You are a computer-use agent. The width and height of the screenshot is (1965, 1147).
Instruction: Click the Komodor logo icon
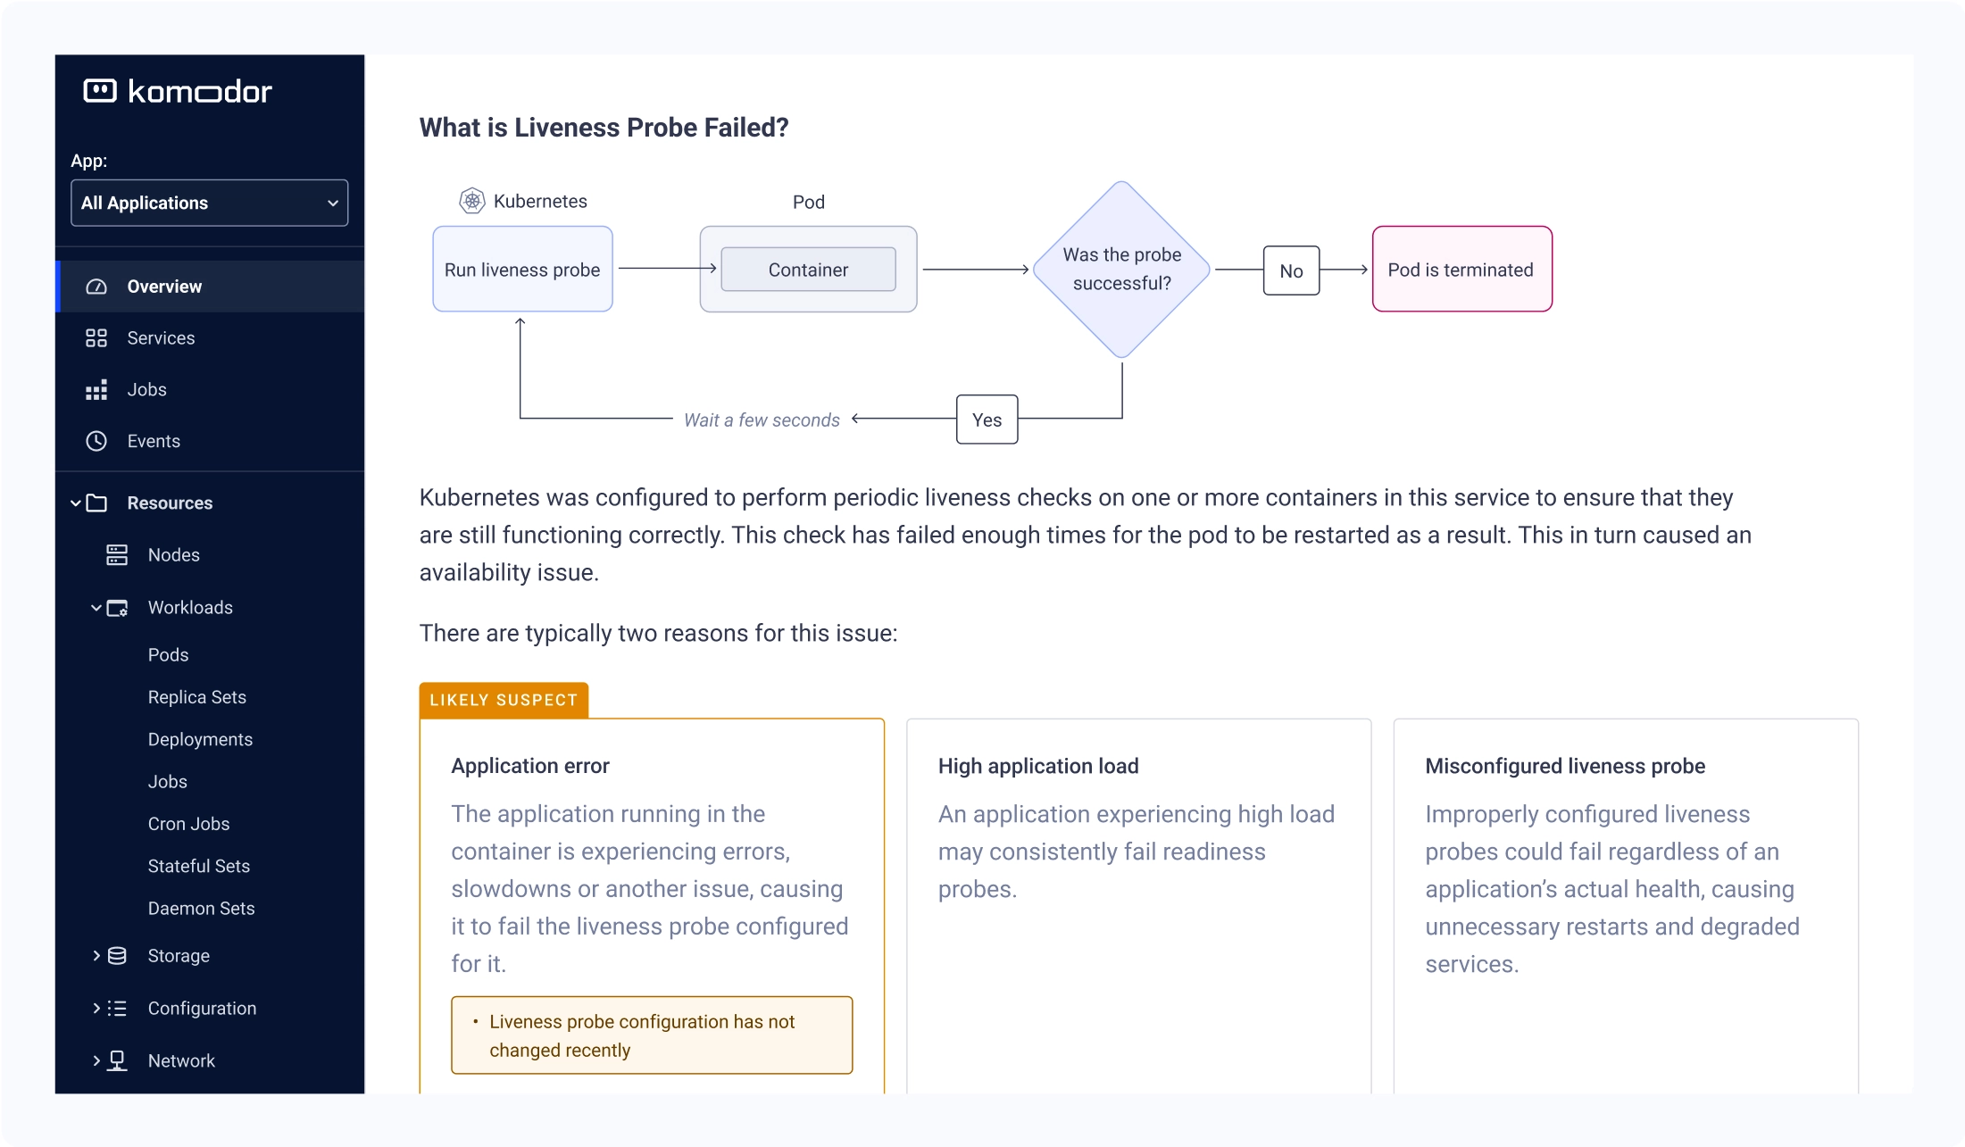100,91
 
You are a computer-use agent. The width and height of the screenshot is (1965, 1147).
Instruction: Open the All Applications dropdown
210,203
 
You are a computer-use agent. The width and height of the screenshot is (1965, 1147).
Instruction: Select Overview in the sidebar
164,287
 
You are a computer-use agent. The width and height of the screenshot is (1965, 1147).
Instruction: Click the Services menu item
161,338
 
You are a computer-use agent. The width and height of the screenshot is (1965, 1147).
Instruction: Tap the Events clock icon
96,441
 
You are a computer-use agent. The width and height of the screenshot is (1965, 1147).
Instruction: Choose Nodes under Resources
173,555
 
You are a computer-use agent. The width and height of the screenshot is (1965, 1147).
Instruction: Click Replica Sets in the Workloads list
196,697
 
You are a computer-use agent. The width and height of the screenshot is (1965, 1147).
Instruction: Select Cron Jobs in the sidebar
188,824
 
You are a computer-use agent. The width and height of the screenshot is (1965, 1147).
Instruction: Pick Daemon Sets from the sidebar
201,909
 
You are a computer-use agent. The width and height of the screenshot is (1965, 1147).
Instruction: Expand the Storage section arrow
96,956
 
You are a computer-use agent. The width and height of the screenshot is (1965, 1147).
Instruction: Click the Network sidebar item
181,1061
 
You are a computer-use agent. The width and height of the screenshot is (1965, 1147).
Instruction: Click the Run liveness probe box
522,269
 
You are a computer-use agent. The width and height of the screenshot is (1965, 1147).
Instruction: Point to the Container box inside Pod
808,270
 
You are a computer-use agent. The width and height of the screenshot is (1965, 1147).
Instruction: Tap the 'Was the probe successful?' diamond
1121,269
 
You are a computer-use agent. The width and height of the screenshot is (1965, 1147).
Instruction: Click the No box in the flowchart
1291,270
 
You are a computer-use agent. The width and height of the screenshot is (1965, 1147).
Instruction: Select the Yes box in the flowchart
987,420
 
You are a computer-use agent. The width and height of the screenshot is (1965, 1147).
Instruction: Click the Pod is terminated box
1461,269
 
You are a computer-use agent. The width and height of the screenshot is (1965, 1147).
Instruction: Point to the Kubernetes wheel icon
471,201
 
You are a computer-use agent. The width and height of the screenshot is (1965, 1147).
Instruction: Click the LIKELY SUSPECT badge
504,700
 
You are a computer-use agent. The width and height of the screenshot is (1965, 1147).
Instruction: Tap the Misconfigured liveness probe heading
1565,767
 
